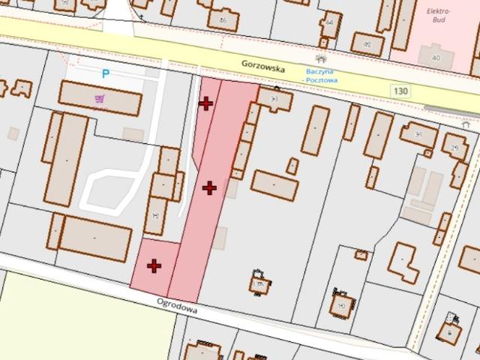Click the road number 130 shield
click(x=400, y=90)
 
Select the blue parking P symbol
click(x=106, y=73)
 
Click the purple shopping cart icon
click(x=99, y=99)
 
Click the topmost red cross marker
click(x=205, y=103)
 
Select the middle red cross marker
click(x=209, y=187)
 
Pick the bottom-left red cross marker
click(x=154, y=265)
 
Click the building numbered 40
click(x=435, y=56)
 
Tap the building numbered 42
click(x=367, y=44)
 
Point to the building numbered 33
click(x=274, y=98)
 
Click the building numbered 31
click(x=418, y=134)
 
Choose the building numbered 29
click(x=455, y=147)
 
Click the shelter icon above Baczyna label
click(x=322, y=59)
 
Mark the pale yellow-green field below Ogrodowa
click(x=82, y=315)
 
